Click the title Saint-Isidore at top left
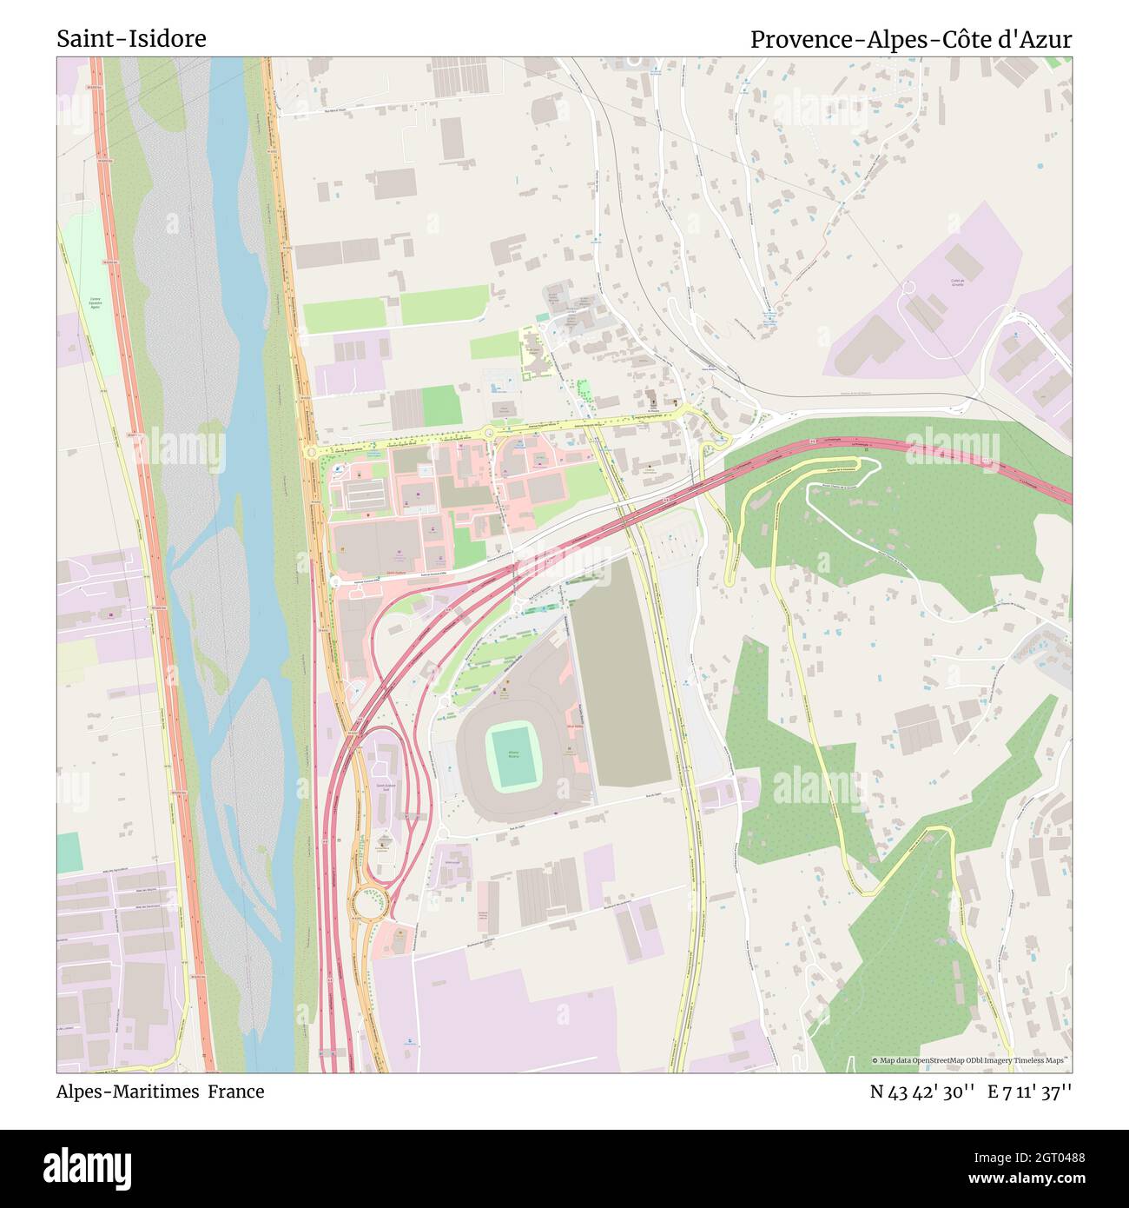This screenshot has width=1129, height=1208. click(x=131, y=39)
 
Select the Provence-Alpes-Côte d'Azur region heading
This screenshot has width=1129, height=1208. click(x=910, y=39)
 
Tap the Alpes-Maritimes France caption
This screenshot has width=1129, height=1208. click(x=161, y=1092)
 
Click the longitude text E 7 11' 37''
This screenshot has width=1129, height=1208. click(x=1029, y=1092)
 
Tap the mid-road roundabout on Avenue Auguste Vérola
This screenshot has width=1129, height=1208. click(x=488, y=432)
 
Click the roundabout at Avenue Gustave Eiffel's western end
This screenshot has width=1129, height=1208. click(x=334, y=581)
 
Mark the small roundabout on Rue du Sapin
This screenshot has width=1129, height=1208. click(x=442, y=832)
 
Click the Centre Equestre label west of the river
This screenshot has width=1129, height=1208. click(x=94, y=303)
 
